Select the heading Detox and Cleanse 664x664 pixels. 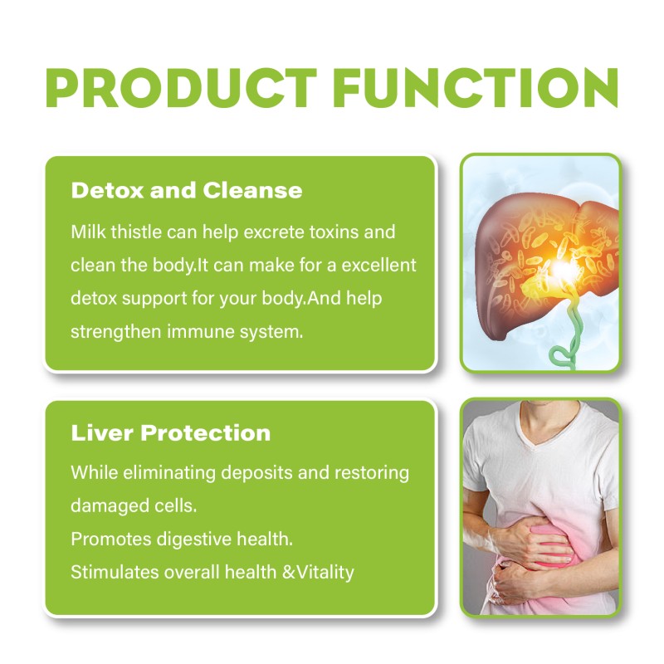[187, 190]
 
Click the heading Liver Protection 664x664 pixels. [170, 432]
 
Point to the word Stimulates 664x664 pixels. [109, 572]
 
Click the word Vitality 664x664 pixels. [323, 572]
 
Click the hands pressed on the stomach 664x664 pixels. [535, 548]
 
